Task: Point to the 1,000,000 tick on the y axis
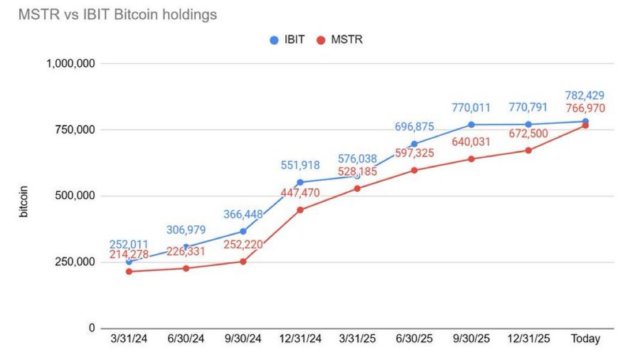pos(71,64)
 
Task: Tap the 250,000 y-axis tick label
pos(75,262)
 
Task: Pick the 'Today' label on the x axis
pos(585,339)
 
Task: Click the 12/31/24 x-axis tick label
pos(300,339)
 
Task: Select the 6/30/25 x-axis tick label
pos(414,339)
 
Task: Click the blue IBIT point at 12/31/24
pos(300,182)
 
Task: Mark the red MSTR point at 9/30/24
pos(243,261)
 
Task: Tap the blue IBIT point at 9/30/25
pos(471,125)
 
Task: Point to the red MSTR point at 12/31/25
pos(528,150)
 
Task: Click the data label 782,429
pos(585,95)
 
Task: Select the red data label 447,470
pos(299,193)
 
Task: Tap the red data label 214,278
pos(129,255)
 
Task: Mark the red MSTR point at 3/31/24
pos(129,271)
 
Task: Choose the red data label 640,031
pos(471,142)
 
